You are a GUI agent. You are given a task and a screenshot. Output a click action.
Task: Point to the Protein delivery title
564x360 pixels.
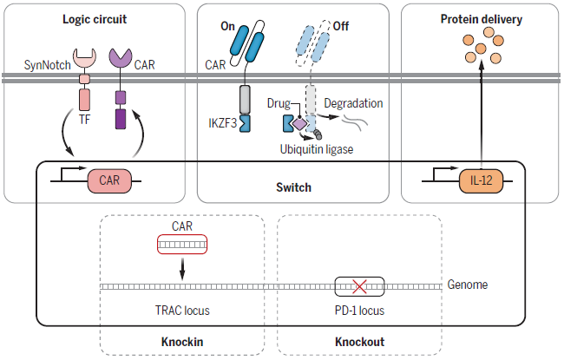479,18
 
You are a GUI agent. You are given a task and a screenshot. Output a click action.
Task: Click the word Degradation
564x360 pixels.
353,103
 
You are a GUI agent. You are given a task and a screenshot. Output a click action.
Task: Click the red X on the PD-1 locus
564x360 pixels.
359,285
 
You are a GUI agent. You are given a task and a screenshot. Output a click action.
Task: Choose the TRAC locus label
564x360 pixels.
182,310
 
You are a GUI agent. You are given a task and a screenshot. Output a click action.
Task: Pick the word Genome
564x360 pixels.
468,285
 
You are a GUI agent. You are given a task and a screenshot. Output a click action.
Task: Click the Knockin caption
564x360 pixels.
182,342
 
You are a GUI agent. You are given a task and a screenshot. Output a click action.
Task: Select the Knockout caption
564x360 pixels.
359,342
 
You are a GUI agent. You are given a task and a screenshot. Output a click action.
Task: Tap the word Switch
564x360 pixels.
294,187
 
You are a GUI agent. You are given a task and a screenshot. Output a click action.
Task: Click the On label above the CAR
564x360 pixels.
228,27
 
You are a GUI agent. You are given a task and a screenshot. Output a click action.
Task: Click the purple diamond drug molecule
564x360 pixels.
298,124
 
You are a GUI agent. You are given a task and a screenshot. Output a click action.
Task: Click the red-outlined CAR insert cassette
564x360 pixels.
182,245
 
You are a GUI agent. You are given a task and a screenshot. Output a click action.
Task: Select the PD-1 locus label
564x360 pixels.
359,310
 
